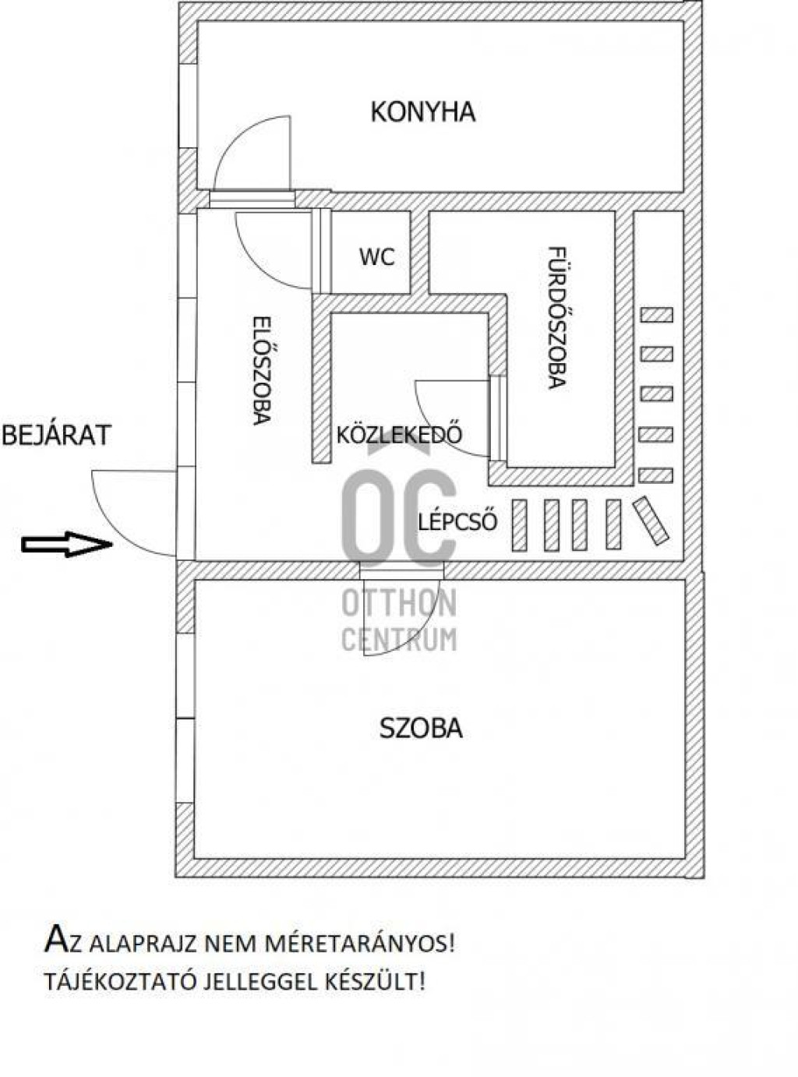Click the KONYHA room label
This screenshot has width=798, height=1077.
[422, 112]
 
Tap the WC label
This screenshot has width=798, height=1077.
[377, 257]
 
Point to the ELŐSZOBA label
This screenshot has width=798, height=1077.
[261, 371]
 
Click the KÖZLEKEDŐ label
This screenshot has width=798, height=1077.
[399, 434]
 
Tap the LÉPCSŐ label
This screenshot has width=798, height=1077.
[457, 521]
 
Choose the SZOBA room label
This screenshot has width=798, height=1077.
[421, 729]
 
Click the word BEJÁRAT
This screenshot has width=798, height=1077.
[57, 435]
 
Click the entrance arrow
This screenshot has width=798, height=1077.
[67, 544]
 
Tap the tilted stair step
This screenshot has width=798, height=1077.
[651, 520]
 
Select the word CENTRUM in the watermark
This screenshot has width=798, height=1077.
[399, 639]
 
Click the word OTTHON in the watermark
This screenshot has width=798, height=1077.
[399, 603]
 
